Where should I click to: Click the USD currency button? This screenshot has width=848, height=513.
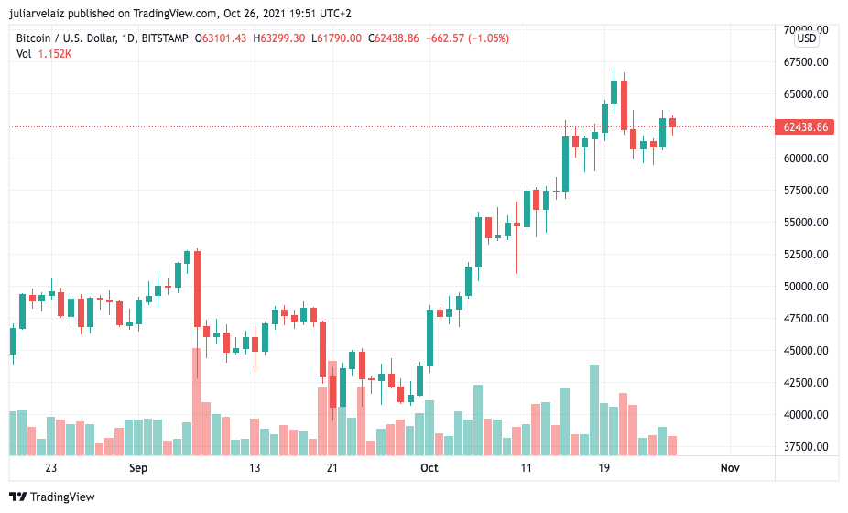coord(807,38)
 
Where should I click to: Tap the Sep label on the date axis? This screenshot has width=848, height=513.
coord(137,468)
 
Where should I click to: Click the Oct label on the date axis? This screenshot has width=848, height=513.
coord(429,468)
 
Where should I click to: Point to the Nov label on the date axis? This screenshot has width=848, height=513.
coord(730,468)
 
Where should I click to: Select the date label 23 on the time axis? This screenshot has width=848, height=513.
coord(50,468)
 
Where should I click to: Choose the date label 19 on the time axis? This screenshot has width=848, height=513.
coord(603,468)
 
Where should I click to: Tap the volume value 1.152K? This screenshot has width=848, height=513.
coord(55,54)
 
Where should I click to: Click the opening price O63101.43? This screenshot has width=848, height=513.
coord(221,38)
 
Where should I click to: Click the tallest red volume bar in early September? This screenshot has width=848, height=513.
coord(196,403)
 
